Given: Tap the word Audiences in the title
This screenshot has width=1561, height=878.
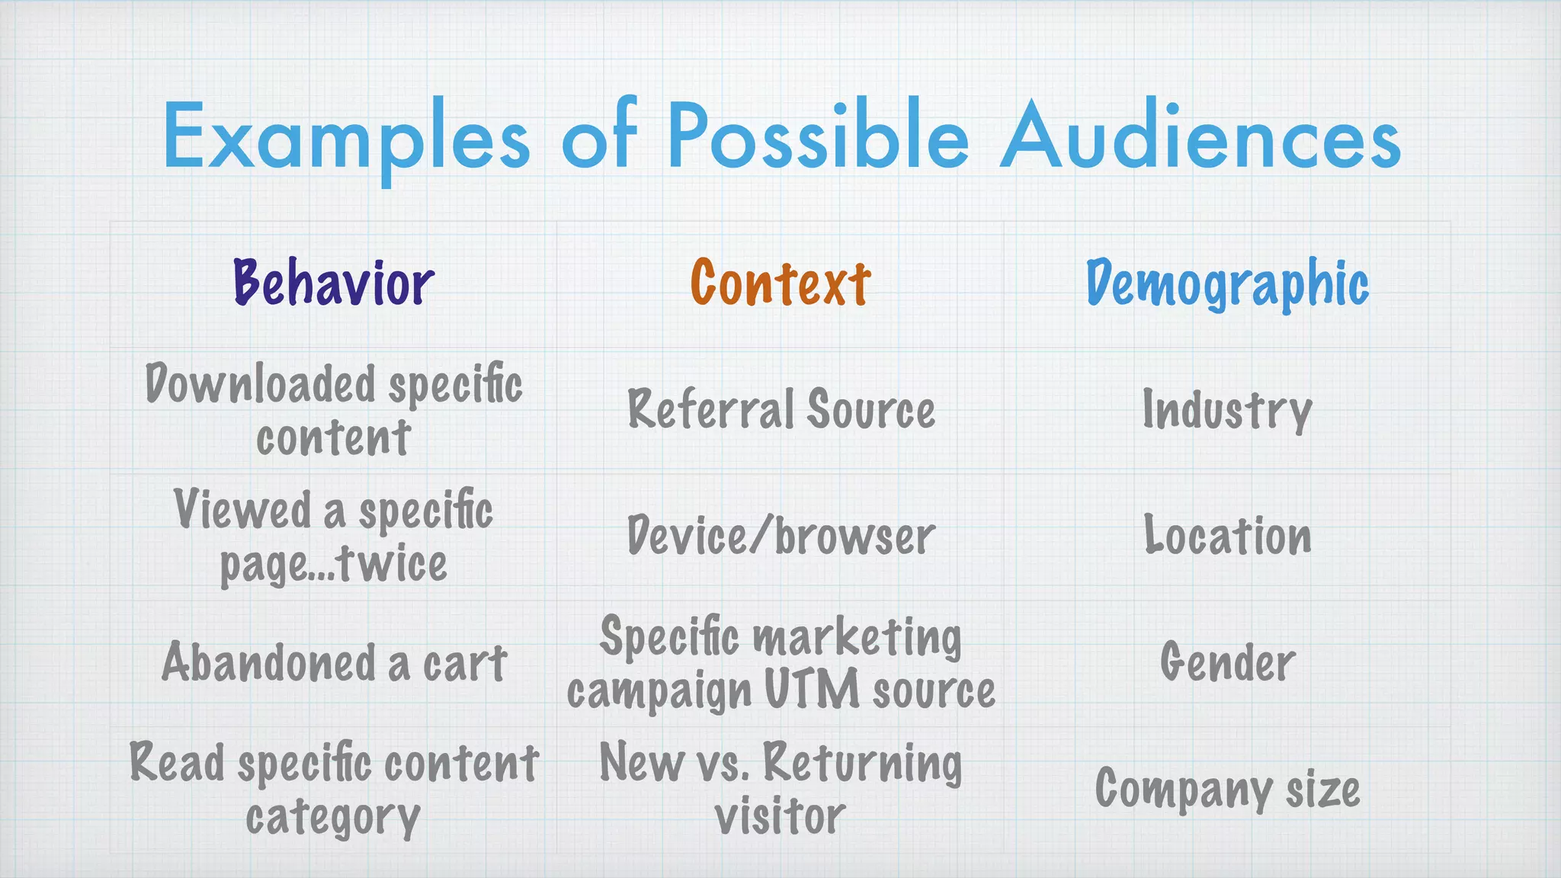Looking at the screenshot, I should [1200, 137].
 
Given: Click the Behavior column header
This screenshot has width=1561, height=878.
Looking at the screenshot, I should [334, 284].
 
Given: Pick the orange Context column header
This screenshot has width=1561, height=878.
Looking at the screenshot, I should [780, 284].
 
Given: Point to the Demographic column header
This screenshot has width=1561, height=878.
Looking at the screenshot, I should [1227, 284].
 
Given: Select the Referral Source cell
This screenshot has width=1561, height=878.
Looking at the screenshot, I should [780, 409].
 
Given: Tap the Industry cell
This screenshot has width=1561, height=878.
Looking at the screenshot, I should [1227, 411].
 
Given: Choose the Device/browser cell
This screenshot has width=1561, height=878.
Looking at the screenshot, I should [780, 536].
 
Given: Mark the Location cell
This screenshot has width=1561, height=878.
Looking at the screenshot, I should [1227, 536].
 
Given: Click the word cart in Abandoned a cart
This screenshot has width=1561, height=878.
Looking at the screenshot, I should [465, 663].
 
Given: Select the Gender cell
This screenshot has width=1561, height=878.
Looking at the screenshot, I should [1227, 662].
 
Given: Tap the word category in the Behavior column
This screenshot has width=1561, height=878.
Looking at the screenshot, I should [333, 818].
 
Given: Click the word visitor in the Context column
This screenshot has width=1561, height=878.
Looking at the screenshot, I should [780, 816].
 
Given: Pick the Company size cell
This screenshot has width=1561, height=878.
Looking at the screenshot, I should [1227, 790].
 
